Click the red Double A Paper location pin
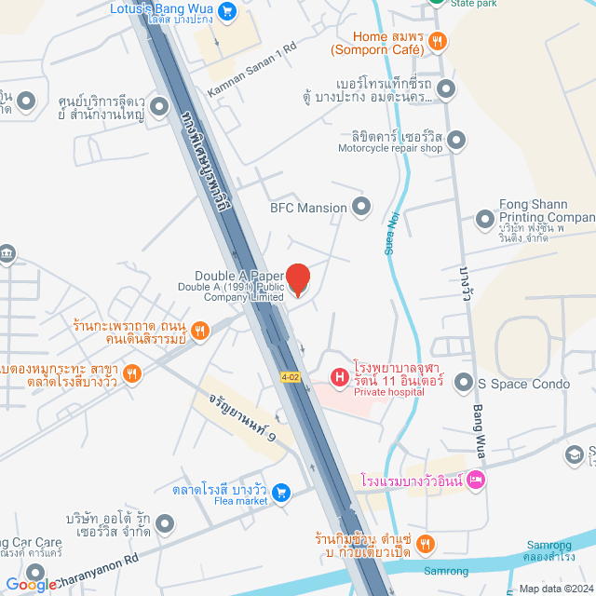point(297,278)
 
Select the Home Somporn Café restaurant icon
point(438,41)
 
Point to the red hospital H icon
point(339,376)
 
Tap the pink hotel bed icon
point(476,480)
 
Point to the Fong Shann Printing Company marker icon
point(484,219)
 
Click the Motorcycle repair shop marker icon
point(455,141)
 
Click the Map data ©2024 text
point(556,588)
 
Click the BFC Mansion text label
point(307,208)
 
